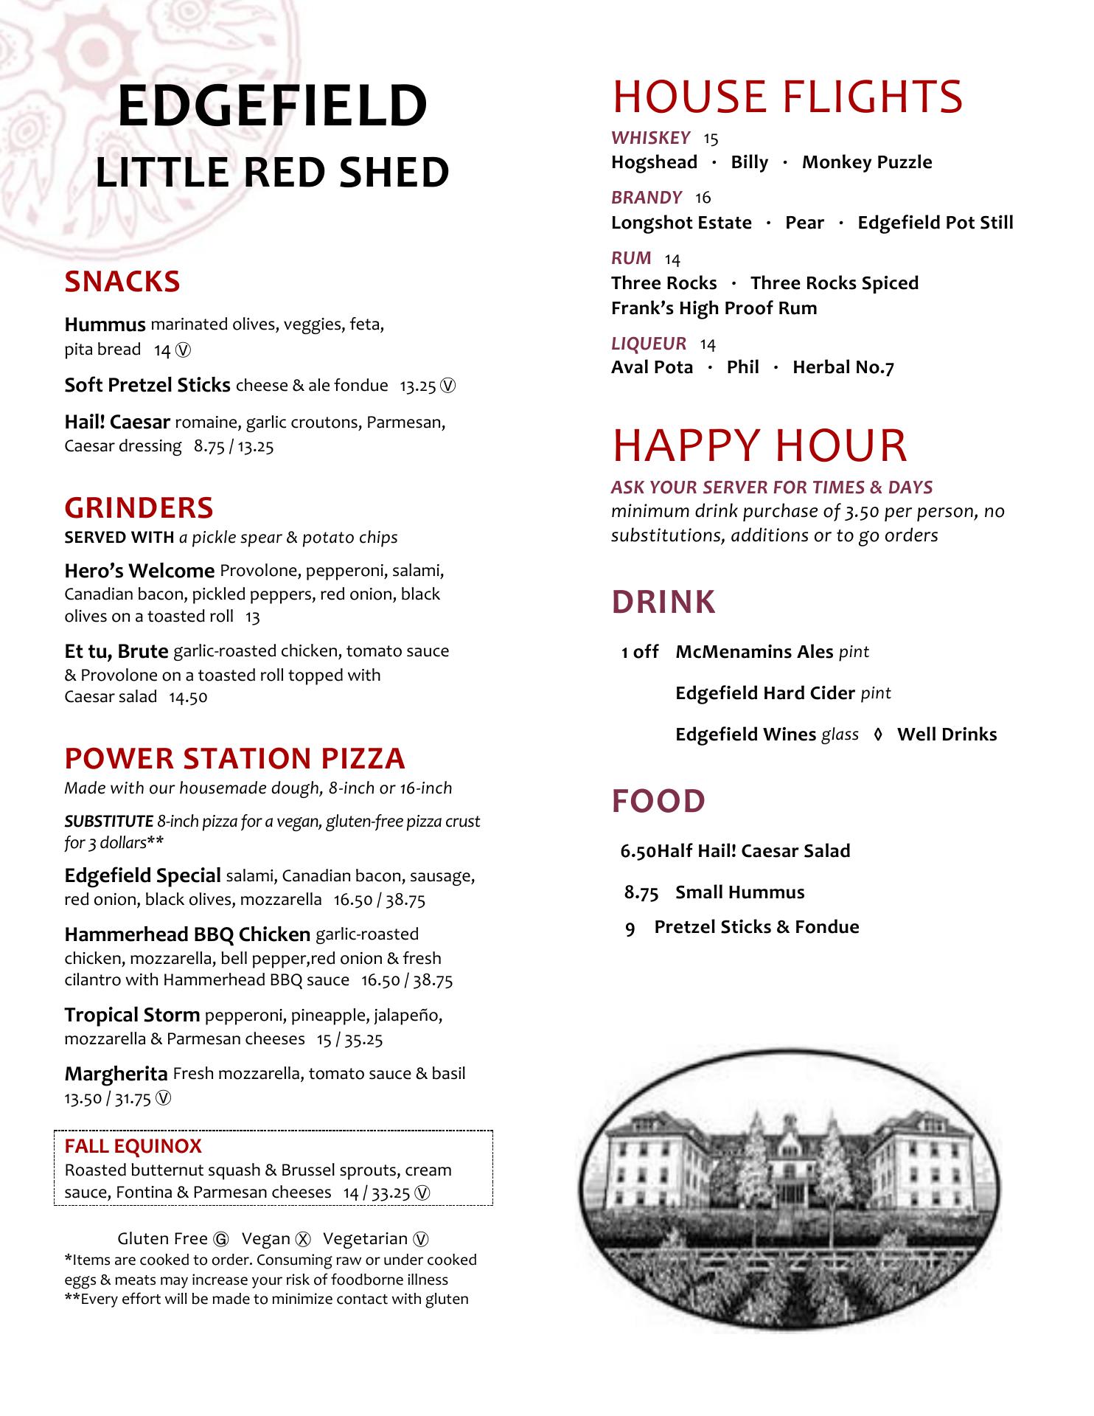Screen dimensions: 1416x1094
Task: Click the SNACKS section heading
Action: [x=122, y=282]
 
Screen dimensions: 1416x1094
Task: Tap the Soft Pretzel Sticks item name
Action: [x=147, y=385]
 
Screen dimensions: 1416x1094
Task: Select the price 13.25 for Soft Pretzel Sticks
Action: [x=418, y=386]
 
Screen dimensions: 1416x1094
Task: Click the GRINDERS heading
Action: [x=139, y=507]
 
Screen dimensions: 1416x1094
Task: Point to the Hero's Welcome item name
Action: [x=139, y=571]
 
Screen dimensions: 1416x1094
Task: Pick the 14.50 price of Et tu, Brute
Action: [x=188, y=697]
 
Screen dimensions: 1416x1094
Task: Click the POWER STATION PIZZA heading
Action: [x=234, y=758]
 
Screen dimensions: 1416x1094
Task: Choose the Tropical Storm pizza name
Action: [x=132, y=1015]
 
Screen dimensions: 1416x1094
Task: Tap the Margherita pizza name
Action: [x=116, y=1073]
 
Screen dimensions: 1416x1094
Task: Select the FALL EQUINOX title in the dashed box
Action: [x=133, y=1146]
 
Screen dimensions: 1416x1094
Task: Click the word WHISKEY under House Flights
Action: [x=650, y=138]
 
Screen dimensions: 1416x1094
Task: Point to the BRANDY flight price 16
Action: [x=703, y=198]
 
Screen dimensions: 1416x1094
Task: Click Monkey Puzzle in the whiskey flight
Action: [x=866, y=162]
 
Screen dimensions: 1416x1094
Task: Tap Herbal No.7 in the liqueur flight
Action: [x=843, y=367]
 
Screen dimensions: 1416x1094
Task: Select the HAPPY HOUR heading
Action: [x=759, y=445]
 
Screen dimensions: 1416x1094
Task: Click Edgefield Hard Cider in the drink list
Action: [x=764, y=693]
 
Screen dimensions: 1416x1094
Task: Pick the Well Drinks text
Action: [x=947, y=735]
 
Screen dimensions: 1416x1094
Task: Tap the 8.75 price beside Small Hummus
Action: [x=641, y=892]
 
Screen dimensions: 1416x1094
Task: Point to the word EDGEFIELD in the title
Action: [x=272, y=105]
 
